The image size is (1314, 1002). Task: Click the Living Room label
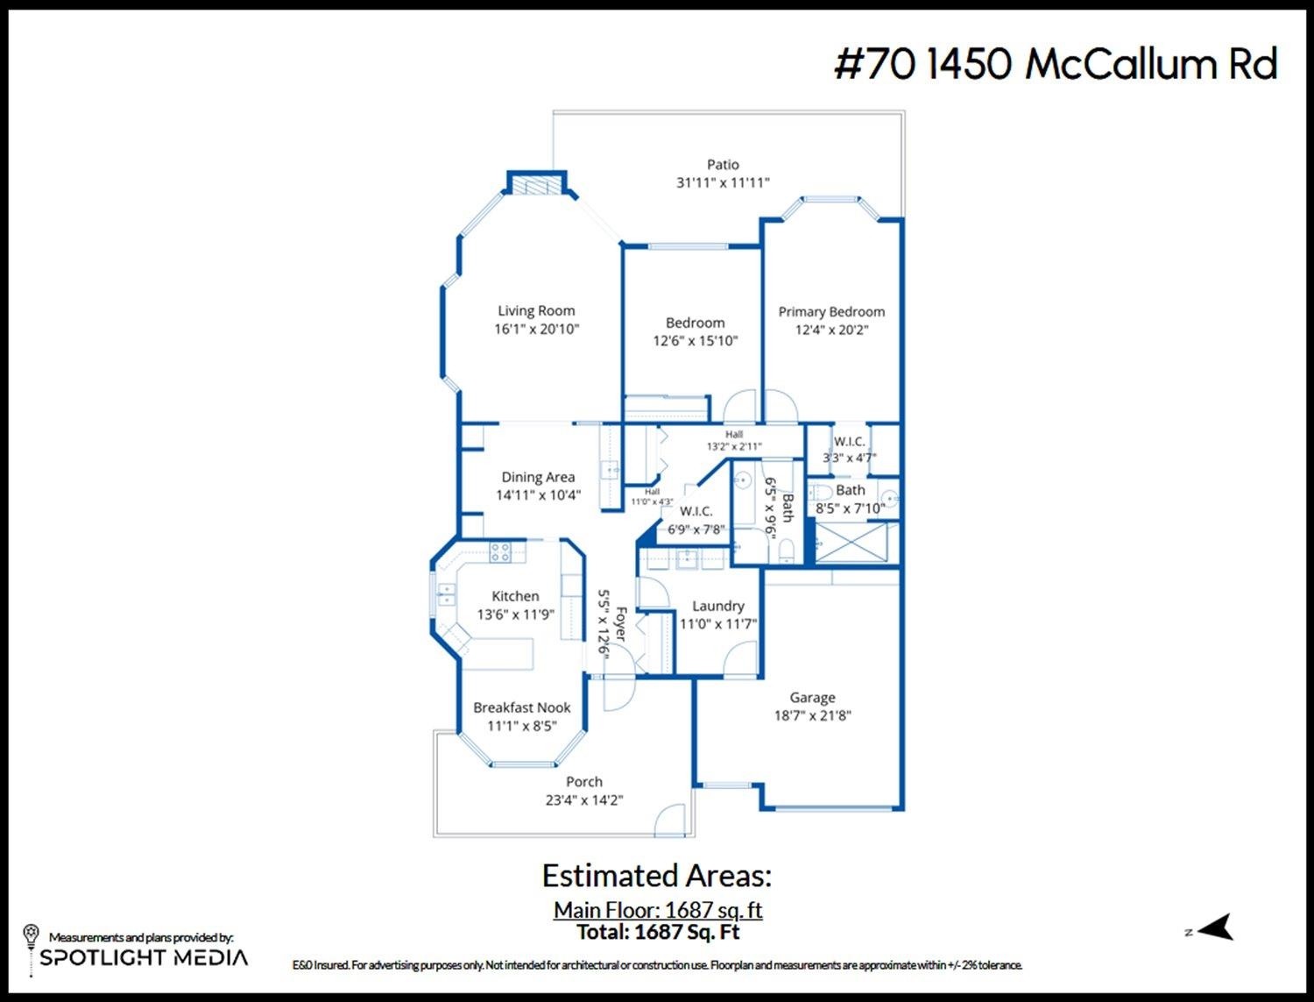[536, 311]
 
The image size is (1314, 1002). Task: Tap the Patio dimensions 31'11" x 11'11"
[723, 182]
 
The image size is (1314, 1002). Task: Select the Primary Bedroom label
[831, 311]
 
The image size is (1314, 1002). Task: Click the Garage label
[812, 698]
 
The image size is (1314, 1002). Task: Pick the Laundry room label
[718, 606]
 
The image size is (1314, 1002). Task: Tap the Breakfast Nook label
[522, 707]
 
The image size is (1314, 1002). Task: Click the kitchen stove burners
[500, 551]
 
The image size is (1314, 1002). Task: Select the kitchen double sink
[446, 593]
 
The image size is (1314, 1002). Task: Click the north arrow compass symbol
[1215, 927]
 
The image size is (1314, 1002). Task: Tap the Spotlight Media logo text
[144, 957]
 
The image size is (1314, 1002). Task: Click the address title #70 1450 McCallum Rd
[1056, 64]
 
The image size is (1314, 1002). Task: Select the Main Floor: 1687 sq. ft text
[658, 910]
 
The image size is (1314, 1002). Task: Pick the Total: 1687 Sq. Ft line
[658, 932]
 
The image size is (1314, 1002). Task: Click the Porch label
[584, 782]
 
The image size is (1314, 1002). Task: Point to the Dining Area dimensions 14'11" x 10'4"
[538, 495]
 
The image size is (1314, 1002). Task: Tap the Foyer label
[621, 625]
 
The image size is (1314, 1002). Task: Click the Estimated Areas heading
[657, 876]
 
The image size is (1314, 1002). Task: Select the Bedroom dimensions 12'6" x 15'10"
[696, 341]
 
